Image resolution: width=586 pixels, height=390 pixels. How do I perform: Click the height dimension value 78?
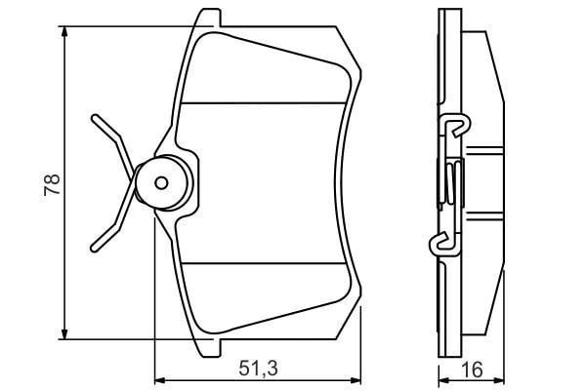(x=53, y=184)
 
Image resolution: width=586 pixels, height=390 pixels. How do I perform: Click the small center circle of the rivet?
(x=162, y=180)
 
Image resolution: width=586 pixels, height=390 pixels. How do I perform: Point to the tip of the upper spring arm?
(x=94, y=117)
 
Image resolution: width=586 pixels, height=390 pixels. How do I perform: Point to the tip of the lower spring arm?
(x=93, y=246)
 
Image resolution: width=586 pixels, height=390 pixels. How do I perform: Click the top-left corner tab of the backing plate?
(x=205, y=18)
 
